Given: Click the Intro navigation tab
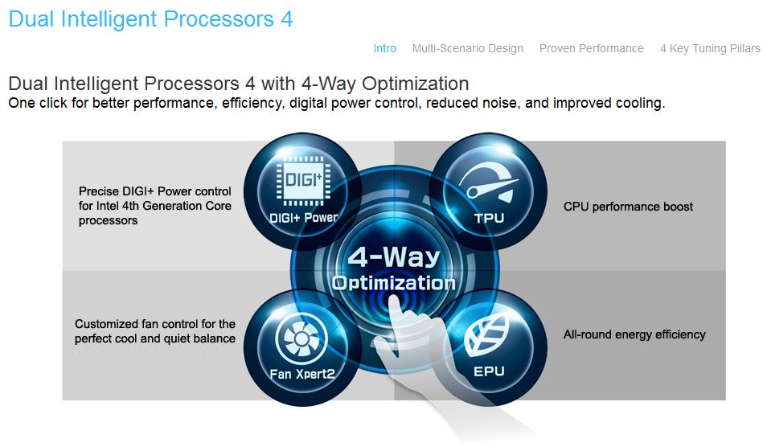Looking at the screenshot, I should (384, 48).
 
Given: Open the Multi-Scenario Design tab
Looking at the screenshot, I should (467, 48).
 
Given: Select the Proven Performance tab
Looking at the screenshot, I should (591, 48).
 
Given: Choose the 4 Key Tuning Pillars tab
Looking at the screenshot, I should (710, 48).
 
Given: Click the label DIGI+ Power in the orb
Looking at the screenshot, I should (304, 217).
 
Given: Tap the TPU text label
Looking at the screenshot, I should (489, 218).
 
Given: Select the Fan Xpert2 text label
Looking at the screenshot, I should (301, 374).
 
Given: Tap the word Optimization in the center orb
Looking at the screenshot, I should (393, 283).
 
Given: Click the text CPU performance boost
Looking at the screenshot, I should (628, 207).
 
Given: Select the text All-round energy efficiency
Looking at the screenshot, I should (634, 334).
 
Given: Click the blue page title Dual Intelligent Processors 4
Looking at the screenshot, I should (150, 19).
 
